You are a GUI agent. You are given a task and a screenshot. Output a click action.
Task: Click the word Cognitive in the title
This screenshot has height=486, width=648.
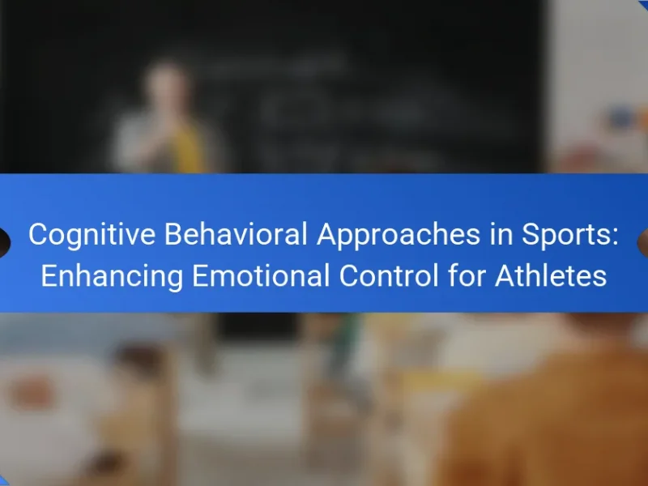92,235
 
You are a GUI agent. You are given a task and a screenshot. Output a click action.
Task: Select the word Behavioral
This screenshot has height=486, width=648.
236,234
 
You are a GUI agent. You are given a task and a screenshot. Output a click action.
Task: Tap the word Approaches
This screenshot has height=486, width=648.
399,235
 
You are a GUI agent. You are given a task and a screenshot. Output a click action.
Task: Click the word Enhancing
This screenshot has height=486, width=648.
112,276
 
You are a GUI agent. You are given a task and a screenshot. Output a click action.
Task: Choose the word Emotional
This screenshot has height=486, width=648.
261,275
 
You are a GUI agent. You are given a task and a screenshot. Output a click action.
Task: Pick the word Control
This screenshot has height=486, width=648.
389,275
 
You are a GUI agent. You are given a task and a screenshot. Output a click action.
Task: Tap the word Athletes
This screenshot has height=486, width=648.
551,275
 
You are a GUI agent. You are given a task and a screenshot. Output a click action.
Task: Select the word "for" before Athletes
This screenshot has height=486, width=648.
467,275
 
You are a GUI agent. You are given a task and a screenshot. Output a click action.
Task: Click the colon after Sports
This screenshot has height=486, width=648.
615,237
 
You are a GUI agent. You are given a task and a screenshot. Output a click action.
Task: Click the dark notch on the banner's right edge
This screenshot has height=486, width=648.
643,242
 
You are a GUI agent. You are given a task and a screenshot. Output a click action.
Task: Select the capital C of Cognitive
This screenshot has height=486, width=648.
39,234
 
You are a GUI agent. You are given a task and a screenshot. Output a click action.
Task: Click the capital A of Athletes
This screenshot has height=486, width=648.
505,275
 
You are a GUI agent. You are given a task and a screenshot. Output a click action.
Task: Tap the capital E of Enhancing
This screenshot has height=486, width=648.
49,275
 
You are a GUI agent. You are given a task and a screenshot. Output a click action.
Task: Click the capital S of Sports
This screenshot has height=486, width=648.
532,234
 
